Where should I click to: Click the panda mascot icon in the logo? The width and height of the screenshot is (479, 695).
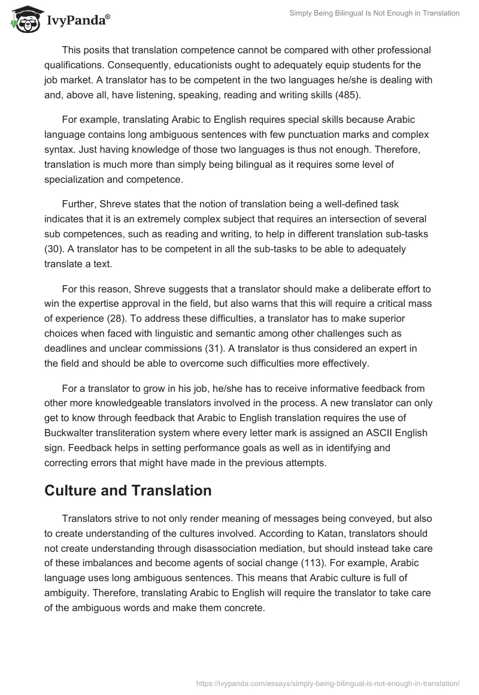(x=24, y=19)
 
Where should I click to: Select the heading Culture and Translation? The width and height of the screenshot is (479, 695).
(x=128, y=491)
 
